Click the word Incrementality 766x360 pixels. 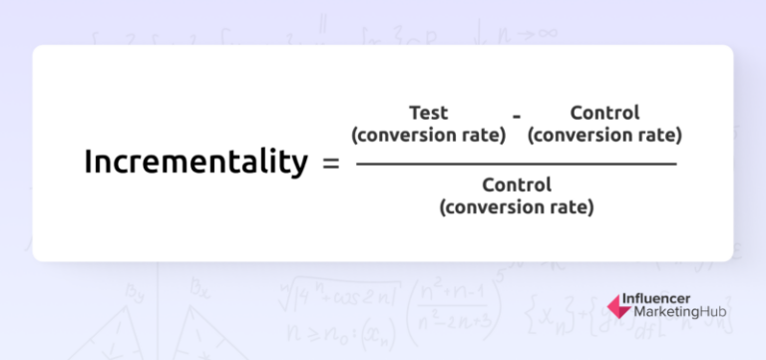[195, 162]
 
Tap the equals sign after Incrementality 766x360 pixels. [332, 163]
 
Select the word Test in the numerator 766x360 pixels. [429, 113]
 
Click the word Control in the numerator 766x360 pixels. [604, 113]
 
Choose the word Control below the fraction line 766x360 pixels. [516, 185]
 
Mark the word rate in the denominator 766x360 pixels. [573, 207]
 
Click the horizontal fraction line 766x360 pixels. [516, 164]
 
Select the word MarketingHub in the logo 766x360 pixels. [680, 313]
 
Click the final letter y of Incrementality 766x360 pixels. [299, 166]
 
